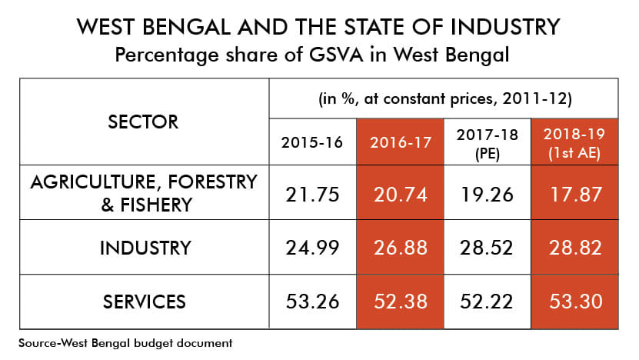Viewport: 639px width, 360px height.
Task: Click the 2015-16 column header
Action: pos(312,142)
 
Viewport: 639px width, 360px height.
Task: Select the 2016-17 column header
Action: pos(400,142)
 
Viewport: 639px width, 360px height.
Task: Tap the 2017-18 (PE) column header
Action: pos(488,142)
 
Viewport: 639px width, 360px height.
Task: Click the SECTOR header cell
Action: pos(143,122)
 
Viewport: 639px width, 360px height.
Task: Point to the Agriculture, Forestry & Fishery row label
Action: pos(143,192)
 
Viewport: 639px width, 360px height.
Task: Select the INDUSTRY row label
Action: pos(143,248)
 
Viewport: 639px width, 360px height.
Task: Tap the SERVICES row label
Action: pos(143,302)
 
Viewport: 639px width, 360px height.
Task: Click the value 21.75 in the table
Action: pos(312,194)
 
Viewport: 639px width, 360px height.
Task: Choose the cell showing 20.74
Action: pos(400,194)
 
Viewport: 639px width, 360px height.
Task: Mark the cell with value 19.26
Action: pos(488,194)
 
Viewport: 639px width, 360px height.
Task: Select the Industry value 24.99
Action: pos(312,248)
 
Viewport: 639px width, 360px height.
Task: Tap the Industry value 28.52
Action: pos(488,248)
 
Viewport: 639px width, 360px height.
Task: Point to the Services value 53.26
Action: pos(312,302)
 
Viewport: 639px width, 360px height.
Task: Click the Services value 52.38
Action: pos(400,302)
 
